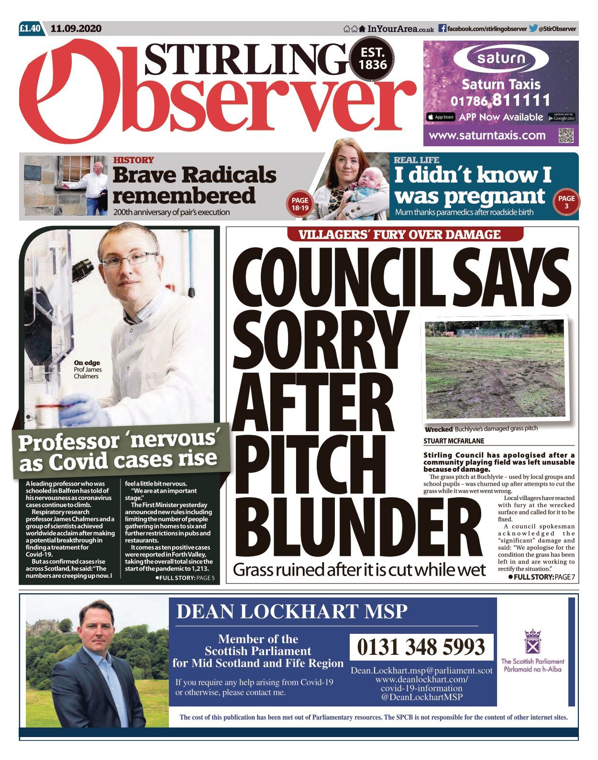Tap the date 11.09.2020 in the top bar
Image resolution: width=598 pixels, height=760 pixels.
(x=76, y=28)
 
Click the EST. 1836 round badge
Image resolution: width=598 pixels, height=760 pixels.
(x=373, y=58)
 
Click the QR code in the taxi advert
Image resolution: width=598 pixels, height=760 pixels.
(x=565, y=135)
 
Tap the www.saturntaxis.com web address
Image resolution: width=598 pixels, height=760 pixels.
(x=487, y=135)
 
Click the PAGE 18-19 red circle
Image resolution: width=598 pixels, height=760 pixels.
(x=300, y=204)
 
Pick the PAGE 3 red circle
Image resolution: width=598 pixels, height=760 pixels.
(x=566, y=202)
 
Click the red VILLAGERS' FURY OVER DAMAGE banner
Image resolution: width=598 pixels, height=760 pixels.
(x=399, y=234)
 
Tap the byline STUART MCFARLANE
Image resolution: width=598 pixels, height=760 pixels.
(x=454, y=441)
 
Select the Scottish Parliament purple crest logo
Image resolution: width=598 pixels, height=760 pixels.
(x=532, y=641)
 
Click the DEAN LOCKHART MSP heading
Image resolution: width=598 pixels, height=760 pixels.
(x=292, y=611)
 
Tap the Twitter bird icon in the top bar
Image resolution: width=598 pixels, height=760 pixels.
(x=533, y=29)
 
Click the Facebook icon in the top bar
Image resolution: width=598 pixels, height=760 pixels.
(x=443, y=29)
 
